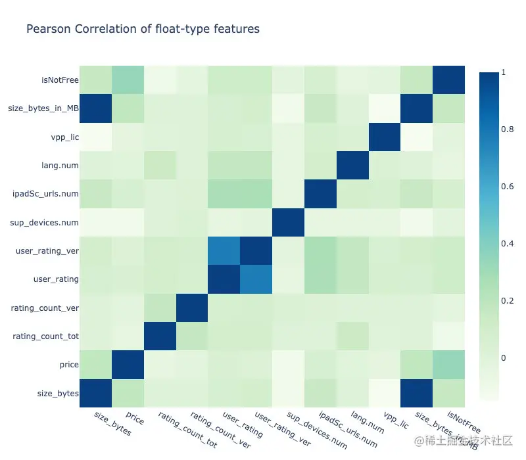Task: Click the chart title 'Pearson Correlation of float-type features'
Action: click(142, 29)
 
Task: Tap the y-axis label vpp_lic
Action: click(64, 137)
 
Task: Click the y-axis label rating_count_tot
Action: click(46, 336)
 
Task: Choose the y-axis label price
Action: click(68, 365)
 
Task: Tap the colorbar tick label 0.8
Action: click(506, 129)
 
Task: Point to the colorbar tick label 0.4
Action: click(506, 244)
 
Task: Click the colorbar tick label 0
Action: click(503, 358)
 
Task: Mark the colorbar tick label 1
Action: click(503, 73)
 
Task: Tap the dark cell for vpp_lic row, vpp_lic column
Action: click(384, 137)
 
